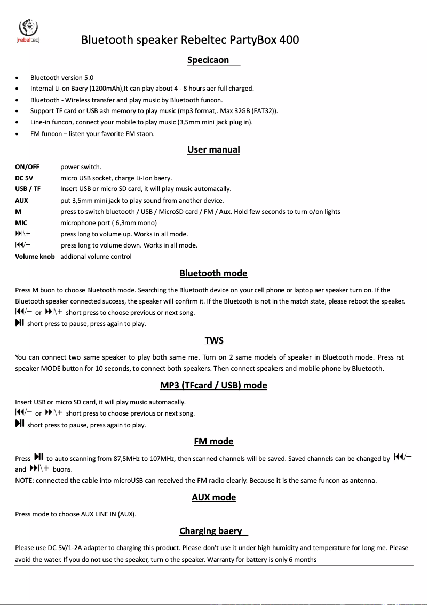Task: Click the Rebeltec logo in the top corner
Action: [28, 29]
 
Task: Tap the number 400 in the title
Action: [289, 40]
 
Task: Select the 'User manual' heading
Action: [213, 149]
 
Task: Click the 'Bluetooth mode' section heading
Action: [213, 273]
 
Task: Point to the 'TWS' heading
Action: [214, 340]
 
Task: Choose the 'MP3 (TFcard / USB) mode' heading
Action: [213, 385]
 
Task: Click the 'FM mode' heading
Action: [213, 441]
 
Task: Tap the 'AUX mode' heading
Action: [213, 497]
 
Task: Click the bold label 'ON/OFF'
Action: [27, 167]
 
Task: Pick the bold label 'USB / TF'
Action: [28, 189]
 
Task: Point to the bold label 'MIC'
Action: [21, 223]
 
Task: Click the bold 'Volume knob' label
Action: [35, 257]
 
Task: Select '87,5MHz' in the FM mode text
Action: [127, 459]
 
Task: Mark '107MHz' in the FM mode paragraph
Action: [162, 459]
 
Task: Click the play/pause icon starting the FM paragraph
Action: [38, 457]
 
